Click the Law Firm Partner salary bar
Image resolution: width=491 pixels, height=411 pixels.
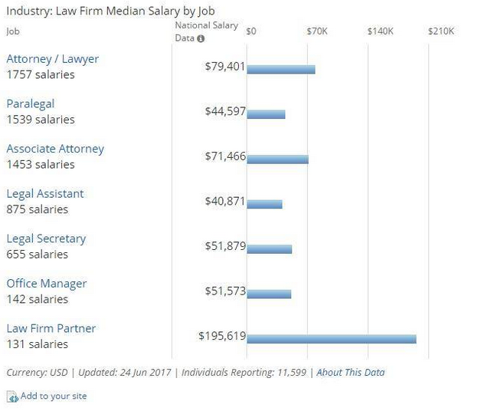[332, 339]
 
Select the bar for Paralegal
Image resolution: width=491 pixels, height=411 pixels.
[267, 114]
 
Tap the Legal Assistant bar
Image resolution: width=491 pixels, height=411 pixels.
[265, 204]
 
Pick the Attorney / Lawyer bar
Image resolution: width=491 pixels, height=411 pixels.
[281, 70]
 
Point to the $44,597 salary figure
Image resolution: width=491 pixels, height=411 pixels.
[225, 111]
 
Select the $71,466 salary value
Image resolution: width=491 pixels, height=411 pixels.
[225, 156]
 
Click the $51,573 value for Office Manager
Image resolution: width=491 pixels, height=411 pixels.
[225, 291]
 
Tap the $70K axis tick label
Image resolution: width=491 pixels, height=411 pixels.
[317, 31]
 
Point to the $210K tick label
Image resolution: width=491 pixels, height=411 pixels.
[441, 31]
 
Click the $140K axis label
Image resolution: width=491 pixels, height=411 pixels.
[381, 31]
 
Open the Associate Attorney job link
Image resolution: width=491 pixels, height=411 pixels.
[55, 149]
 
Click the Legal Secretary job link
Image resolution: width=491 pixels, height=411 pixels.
[46, 238]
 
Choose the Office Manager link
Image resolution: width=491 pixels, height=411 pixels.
[47, 284]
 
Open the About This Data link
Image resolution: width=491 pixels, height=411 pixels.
[351, 373]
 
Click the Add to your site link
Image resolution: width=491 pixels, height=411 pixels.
[53, 396]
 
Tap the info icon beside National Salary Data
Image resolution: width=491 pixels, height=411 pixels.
[201, 38]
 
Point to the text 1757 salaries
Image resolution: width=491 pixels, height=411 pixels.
[41, 74]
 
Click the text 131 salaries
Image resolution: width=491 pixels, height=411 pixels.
[38, 344]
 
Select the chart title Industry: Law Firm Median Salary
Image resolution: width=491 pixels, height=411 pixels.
[110, 11]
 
